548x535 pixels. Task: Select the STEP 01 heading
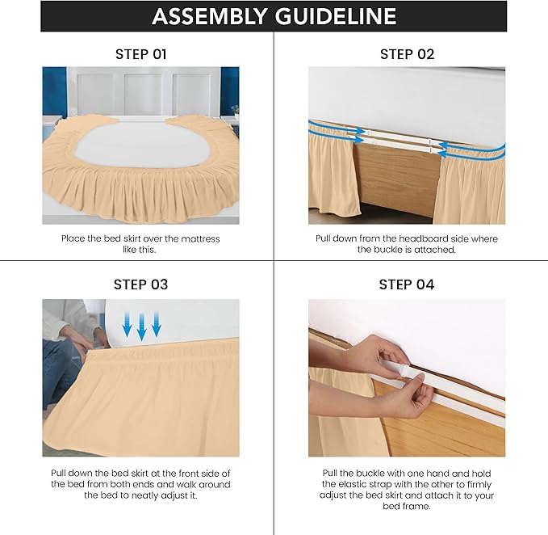(140, 54)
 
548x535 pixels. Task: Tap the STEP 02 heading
(407, 54)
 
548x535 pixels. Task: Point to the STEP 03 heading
(140, 284)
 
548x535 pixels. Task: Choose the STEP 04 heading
(407, 284)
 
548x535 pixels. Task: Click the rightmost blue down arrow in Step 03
(157, 326)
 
